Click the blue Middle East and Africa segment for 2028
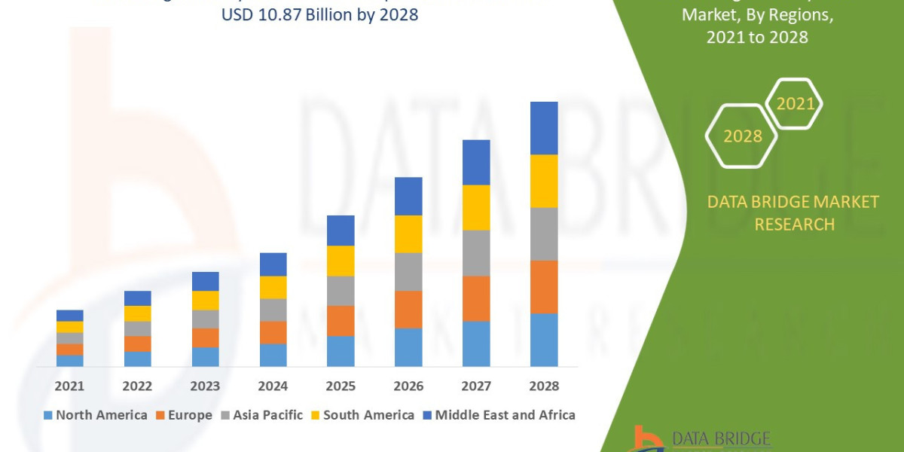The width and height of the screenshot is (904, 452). tap(544, 128)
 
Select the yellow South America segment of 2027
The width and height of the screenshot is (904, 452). tap(476, 207)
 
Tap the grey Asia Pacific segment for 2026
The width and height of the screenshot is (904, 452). tap(408, 271)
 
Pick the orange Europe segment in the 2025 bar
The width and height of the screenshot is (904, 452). tap(341, 320)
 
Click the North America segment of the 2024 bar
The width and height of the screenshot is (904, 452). tap(273, 355)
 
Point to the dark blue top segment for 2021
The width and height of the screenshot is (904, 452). tap(70, 315)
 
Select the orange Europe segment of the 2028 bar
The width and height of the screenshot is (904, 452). tap(544, 286)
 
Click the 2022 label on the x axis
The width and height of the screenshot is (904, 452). tap(137, 386)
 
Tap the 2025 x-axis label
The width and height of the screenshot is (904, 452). tap(341, 386)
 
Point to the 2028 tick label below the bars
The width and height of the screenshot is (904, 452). tap(544, 386)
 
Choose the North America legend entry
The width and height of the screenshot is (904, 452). tap(96, 415)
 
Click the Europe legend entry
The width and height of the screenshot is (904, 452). tap(185, 415)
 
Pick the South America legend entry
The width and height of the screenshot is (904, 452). tap(362, 415)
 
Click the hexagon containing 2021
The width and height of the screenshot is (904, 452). tap(795, 104)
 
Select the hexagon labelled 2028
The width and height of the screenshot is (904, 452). tap(742, 136)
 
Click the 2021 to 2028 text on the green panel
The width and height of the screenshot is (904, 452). tap(757, 37)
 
